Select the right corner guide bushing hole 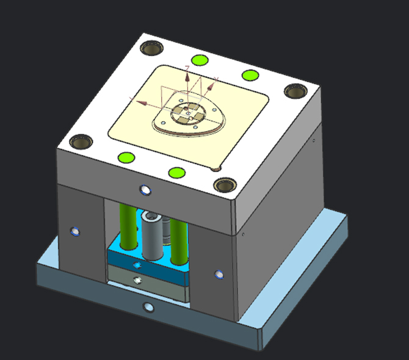[x=295, y=90]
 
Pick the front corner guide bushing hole [x=226, y=184]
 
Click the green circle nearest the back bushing [x=197, y=60]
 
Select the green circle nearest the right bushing [x=248, y=75]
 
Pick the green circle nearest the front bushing [x=176, y=173]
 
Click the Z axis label [x=187, y=68]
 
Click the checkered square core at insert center [x=189, y=112]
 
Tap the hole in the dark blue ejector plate [x=138, y=265]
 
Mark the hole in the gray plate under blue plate [x=139, y=280]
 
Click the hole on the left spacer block [x=74, y=231]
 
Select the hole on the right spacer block [x=219, y=274]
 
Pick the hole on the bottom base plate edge [x=147, y=307]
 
